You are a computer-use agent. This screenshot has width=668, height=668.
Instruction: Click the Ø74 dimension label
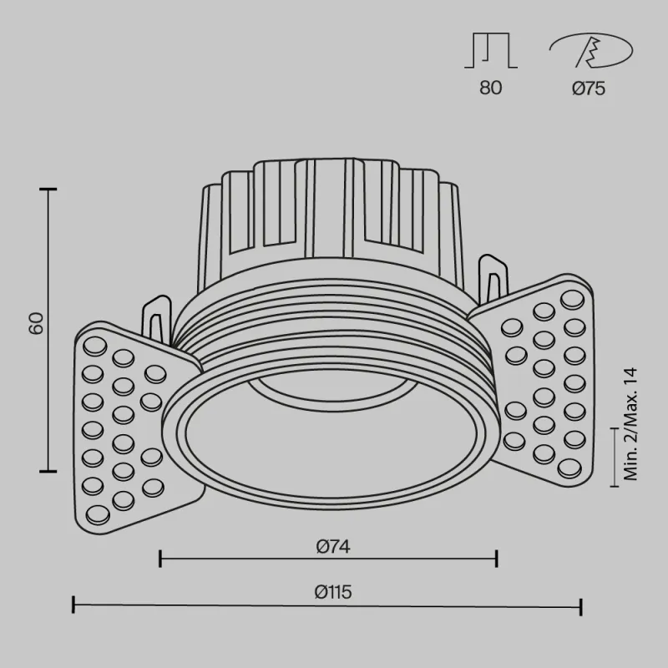pyautogui.click(x=332, y=547)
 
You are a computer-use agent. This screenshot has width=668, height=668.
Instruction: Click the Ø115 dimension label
pyautogui.click(x=333, y=592)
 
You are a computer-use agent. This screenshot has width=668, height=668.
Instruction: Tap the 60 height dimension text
pyautogui.click(x=36, y=323)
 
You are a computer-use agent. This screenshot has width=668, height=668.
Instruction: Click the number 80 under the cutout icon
pyautogui.click(x=491, y=88)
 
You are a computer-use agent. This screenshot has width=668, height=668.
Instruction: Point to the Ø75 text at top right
pyautogui.click(x=589, y=88)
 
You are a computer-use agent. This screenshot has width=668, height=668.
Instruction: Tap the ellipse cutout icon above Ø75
pyautogui.click(x=590, y=51)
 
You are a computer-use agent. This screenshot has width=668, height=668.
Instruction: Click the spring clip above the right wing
pyautogui.click(x=493, y=280)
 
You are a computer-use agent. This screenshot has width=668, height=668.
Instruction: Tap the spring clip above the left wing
pyautogui.click(x=156, y=317)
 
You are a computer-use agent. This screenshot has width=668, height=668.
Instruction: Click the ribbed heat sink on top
pyautogui.click(x=330, y=209)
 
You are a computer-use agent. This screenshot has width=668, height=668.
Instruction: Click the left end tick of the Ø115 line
pyautogui.click(x=74, y=605)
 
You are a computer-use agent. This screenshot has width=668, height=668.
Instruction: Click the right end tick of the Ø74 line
pyautogui.click(x=498, y=558)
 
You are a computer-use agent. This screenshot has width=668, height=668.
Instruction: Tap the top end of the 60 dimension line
pyautogui.click(x=48, y=190)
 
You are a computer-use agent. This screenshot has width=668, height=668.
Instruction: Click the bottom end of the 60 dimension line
pyautogui.click(x=48, y=470)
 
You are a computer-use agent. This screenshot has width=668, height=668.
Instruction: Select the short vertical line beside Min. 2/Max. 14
pyautogui.click(x=616, y=457)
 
